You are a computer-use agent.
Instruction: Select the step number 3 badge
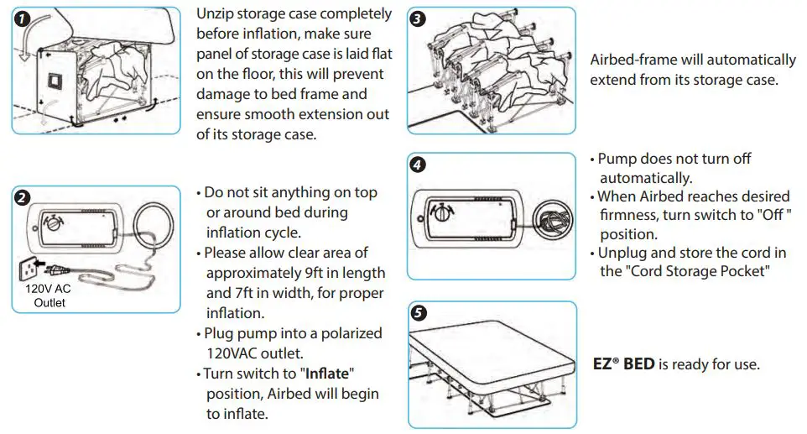[x=418, y=18]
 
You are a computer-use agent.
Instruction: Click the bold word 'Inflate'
[x=325, y=373]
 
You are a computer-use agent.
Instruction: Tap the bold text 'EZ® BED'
[x=623, y=365]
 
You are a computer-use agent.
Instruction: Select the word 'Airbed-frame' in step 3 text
[x=633, y=60]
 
